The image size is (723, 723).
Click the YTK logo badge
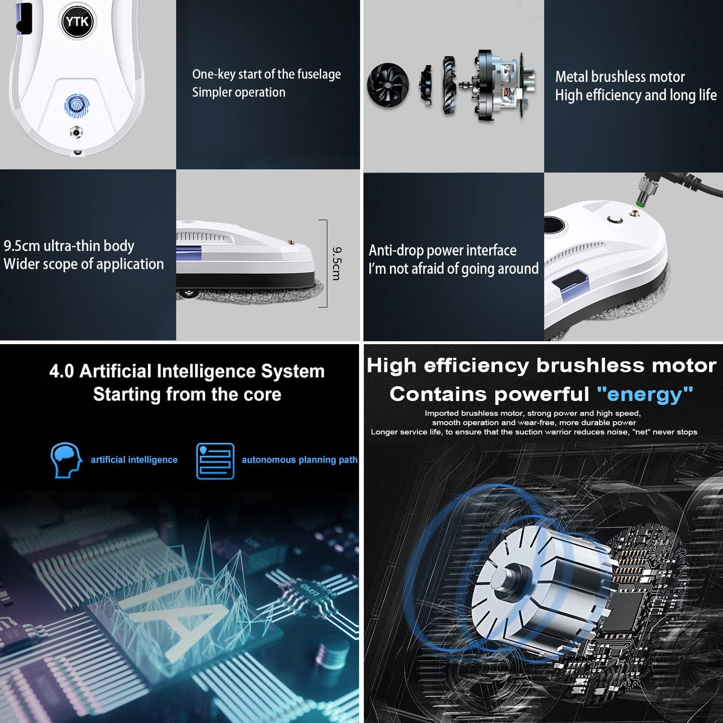click(x=77, y=22)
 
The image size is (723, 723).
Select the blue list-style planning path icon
click(x=215, y=461)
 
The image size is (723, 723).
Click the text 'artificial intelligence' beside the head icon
click(x=134, y=460)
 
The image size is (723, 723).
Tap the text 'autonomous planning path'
click(x=299, y=460)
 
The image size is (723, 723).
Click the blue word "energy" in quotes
click(x=645, y=394)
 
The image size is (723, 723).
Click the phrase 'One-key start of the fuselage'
click(x=266, y=74)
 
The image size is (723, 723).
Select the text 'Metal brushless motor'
click(x=620, y=77)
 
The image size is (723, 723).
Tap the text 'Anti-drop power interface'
click(x=442, y=250)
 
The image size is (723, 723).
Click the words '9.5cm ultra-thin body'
click(x=69, y=246)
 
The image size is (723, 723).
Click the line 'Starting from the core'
click(x=187, y=394)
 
